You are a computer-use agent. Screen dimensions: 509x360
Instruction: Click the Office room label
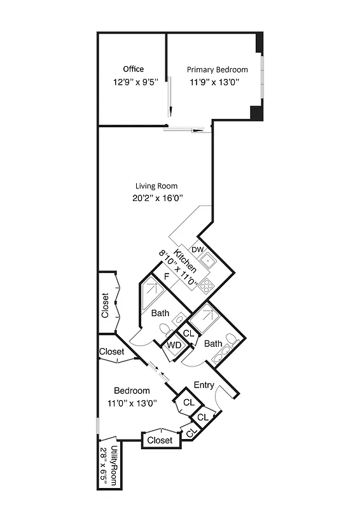point(134,69)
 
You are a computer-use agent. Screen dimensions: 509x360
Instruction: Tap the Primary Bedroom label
point(217,69)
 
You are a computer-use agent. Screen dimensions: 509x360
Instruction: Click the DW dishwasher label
point(197,249)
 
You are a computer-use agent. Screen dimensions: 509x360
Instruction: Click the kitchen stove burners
point(207,286)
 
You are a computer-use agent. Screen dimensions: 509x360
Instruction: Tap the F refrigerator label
point(167,277)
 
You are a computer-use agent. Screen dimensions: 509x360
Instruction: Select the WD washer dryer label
point(174,345)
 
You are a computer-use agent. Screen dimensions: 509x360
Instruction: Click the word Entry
point(204,385)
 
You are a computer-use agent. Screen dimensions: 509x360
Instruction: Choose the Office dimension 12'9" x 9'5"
point(134,82)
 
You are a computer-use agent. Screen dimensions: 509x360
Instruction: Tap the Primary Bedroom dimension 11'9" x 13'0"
point(214,82)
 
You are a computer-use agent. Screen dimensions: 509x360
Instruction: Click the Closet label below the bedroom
point(159,440)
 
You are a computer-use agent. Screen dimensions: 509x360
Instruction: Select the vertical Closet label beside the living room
point(106,305)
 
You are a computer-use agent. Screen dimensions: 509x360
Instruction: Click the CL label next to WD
point(188,333)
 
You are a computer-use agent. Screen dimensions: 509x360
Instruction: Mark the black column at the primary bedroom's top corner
point(259,43)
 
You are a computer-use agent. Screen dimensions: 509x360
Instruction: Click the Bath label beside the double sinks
point(213,344)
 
